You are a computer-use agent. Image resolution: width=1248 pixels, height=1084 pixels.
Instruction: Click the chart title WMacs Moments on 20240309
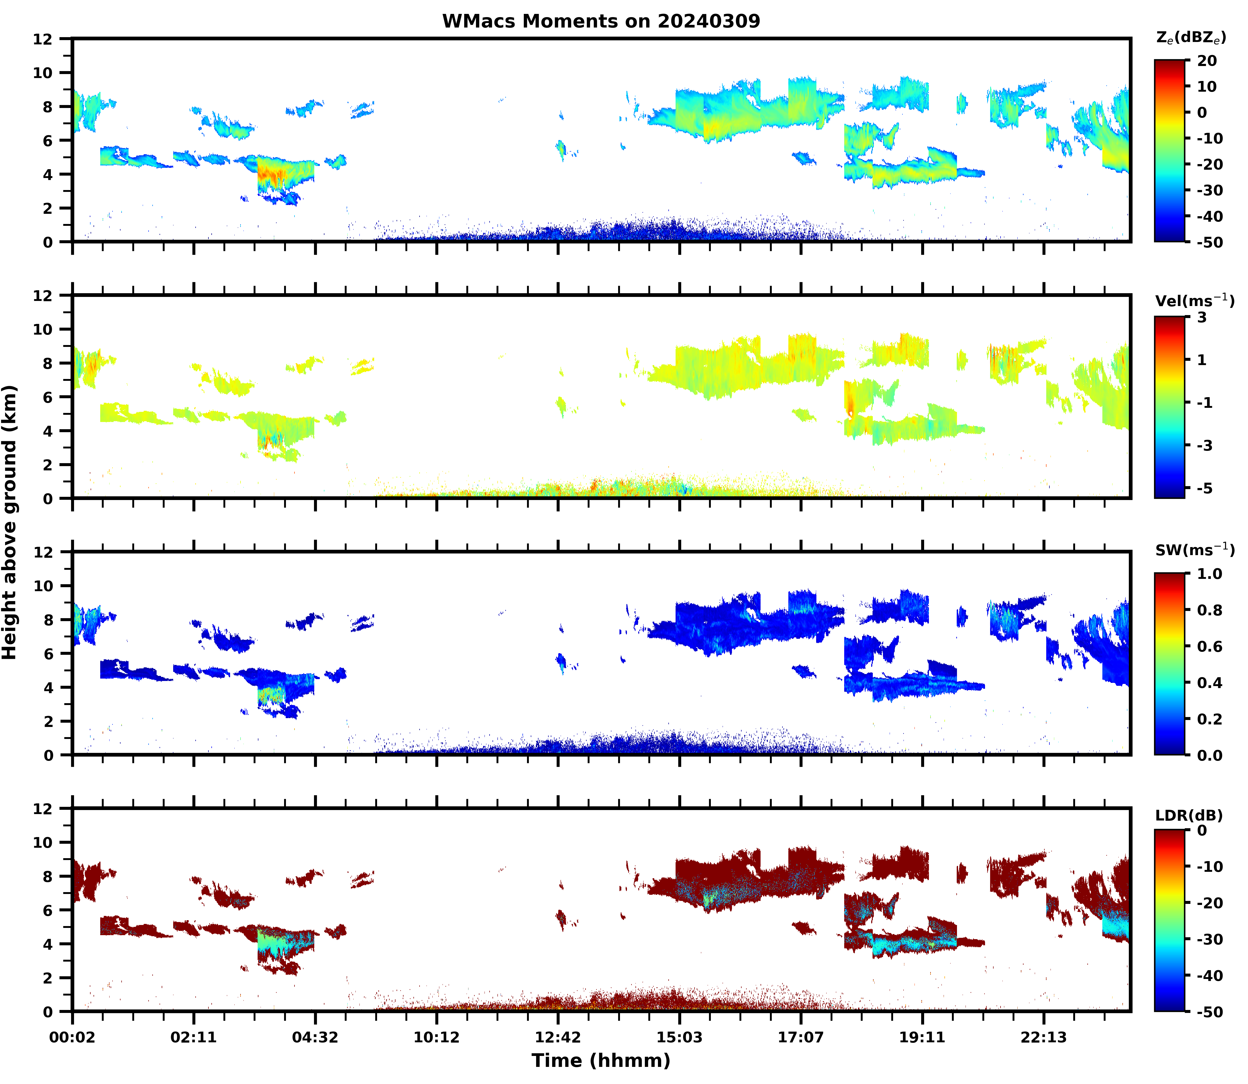point(601,21)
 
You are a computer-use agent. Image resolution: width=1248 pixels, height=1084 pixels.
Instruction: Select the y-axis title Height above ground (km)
point(10,522)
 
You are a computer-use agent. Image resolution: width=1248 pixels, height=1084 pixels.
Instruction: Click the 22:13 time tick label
point(1044,1037)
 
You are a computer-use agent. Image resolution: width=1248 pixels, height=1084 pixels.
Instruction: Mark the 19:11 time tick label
point(922,1037)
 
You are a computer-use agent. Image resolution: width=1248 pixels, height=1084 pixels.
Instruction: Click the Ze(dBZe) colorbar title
point(1191,37)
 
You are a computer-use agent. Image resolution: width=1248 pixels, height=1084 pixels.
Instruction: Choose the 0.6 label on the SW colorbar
point(1209,647)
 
